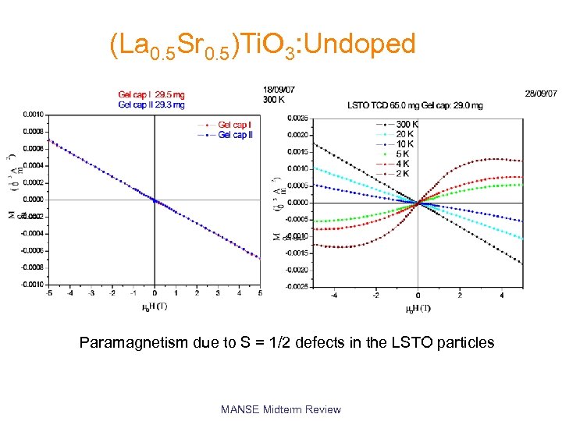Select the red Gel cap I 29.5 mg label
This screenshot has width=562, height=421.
coord(151,96)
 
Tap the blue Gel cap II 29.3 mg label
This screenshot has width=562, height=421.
coord(151,104)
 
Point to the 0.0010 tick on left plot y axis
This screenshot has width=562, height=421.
coord(32,115)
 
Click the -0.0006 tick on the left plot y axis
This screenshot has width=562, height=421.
coord(31,250)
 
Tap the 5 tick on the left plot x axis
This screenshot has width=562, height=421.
coord(260,293)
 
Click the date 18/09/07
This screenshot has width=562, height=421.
coord(279,90)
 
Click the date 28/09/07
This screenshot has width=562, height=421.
coord(542,94)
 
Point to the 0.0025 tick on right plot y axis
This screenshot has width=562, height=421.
coord(297,119)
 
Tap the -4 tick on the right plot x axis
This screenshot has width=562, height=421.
coord(334,295)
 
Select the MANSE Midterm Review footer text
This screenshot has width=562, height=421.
coord(281,409)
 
